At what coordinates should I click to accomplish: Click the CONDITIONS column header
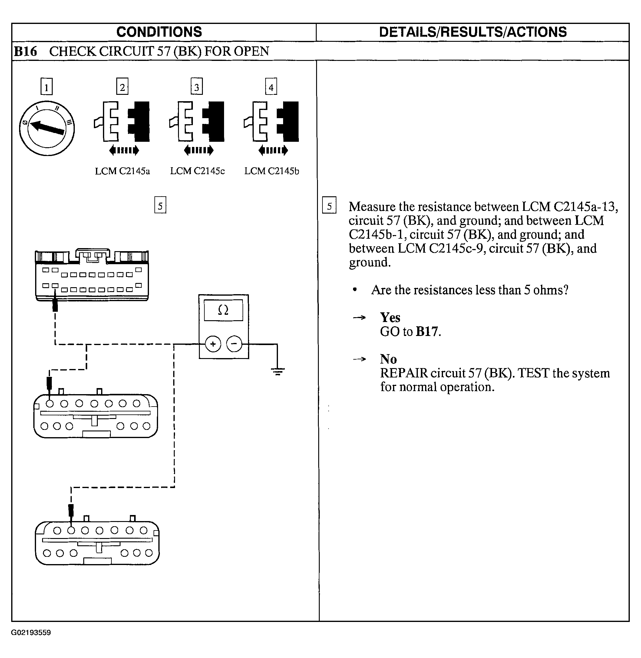(x=159, y=32)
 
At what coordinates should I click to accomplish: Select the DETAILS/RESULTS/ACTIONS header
(x=473, y=32)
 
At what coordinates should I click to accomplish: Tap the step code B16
(x=25, y=52)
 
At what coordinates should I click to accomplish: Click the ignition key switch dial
(x=47, y=128)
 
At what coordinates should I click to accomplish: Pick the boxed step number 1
(x=46, y=87)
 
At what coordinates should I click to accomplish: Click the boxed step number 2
(x=122, y=87)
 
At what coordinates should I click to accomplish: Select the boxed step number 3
(x=197, y=87)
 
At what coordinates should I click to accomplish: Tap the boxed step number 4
(x=271, y=87)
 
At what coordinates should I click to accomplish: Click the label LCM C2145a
(x=122, y=171)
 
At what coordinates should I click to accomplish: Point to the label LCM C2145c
(x=197, y=171)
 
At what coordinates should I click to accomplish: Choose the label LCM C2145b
(x=272, y=171)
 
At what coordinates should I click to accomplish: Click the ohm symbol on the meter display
(x=223, y=310)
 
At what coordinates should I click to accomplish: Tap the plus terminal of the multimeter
(x=213, y=344)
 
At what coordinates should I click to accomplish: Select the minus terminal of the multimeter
(x=234, y=344)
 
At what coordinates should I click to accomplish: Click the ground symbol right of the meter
(x=277, y=372)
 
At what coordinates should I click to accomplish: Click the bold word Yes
(x=390, y=318)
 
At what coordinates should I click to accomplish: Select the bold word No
(x=388, y=359)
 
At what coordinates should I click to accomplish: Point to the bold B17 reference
(x=427, y=332)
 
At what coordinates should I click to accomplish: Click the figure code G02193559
(x=31, y=632)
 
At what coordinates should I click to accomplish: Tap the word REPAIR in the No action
(x=404, y=373)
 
